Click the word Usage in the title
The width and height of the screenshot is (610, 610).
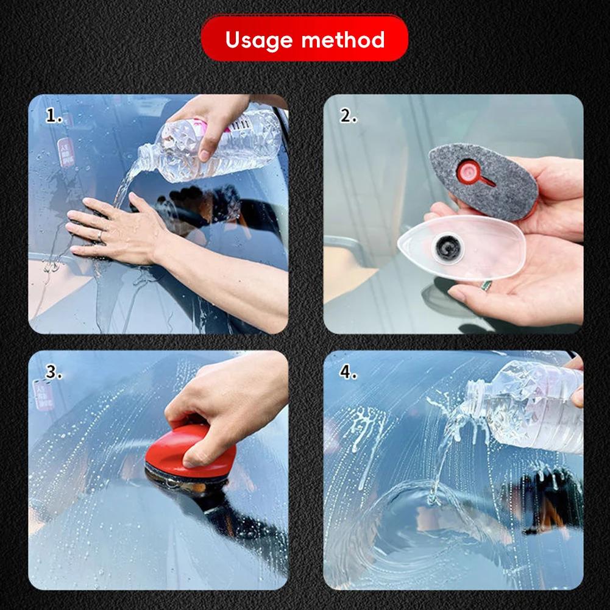[259, 40]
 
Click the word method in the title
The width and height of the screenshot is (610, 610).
[343, 40]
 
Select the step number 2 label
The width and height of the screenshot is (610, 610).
[348, 116]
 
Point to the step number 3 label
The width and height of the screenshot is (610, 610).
[54, 373]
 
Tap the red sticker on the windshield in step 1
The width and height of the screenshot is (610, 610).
[65, 152]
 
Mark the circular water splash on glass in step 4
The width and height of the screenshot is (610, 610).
[420, 518]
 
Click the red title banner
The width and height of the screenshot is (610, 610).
[305, 39]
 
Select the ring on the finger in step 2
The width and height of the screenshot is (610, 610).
[486, 285]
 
